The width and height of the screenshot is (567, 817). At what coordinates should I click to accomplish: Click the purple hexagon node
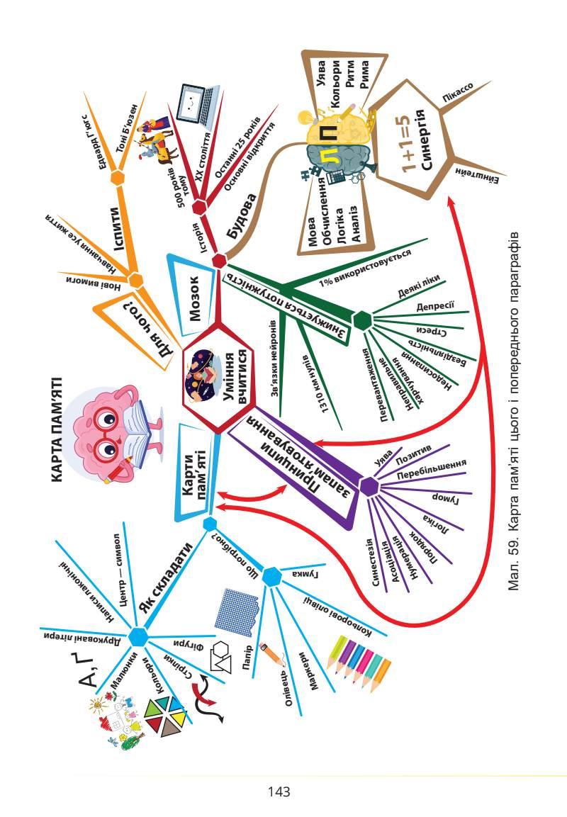[x=369, y=486]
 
